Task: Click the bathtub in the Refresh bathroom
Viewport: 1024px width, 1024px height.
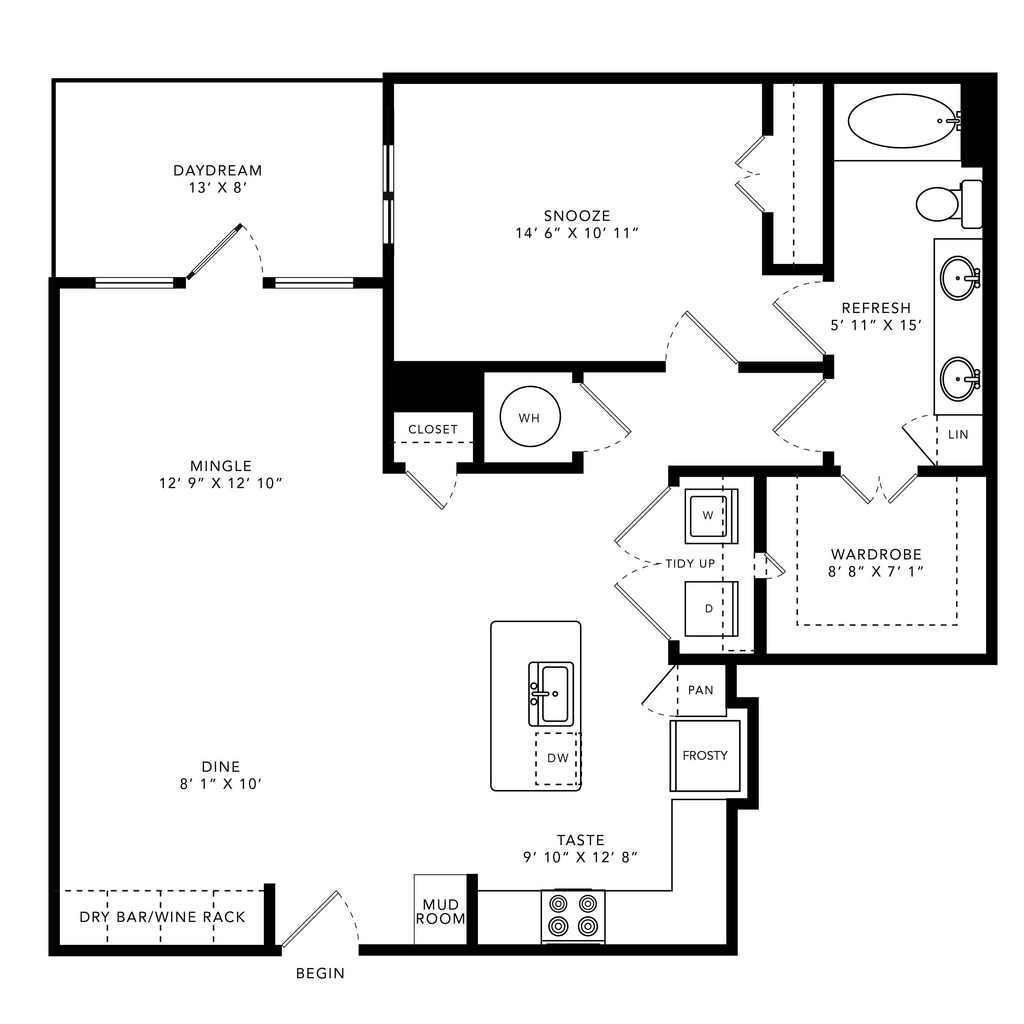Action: (904, 121)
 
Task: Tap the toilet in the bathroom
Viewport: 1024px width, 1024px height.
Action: (948, 204)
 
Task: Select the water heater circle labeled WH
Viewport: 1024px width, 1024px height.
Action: (530, 417)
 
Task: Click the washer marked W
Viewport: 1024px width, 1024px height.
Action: (711, 516)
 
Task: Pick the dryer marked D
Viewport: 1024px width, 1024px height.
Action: (711, 609)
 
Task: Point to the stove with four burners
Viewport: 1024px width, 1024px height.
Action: (573, 916)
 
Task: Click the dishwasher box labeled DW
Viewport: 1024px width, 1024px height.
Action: (558, 758)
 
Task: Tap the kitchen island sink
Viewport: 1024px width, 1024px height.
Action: (551, 694)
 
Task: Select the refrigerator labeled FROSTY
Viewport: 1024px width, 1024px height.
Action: (705, 756)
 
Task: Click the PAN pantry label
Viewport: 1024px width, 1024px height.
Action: (701, 690)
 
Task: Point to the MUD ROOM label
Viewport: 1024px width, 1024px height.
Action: (441, 912)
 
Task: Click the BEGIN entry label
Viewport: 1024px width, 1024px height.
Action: (320, 973)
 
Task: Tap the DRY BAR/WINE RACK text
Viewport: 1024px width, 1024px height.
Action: (162, 917)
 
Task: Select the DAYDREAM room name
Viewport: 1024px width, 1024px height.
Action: (217, 170)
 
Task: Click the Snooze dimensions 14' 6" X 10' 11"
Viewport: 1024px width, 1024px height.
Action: (577, 233)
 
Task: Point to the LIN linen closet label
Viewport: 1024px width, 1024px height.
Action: (958, 434)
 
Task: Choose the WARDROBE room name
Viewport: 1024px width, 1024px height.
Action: (876, 554)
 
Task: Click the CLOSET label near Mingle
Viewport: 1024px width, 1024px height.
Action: (433, 430)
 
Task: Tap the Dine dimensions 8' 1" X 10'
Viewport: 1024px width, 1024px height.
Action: (221, 784)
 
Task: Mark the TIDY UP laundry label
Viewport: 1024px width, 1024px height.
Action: (690, 564)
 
